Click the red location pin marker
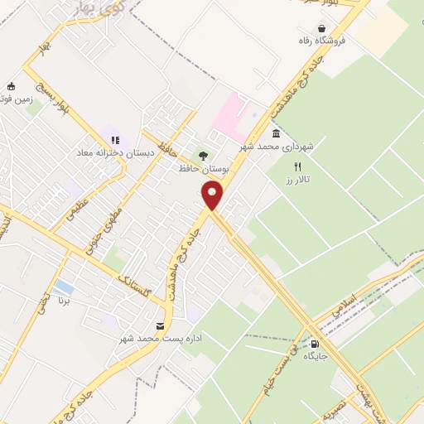[x=213, y=195]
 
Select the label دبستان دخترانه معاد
[x=110, y=152]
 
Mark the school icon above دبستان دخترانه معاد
[x=115, y=140]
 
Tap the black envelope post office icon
[x=160, y=326]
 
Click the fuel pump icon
[x=315, y=344]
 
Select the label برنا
[x=76, y=302]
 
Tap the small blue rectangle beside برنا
[x=63, y=289]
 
